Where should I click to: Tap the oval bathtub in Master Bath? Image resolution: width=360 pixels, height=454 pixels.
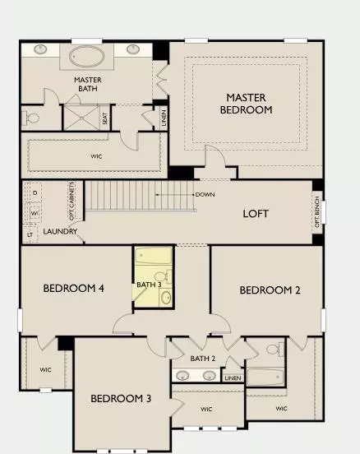point(86,57)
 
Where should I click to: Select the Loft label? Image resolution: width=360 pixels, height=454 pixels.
point(256,213)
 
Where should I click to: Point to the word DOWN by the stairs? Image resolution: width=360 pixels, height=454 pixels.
point(205,195)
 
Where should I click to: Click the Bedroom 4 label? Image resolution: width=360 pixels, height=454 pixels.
point(74,289)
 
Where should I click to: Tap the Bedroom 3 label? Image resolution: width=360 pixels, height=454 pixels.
point(121,399)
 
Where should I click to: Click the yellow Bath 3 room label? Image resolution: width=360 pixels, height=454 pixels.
point(149,285)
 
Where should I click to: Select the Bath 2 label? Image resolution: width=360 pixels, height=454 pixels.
point(202,359)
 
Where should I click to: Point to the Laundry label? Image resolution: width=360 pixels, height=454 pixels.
point(61,232)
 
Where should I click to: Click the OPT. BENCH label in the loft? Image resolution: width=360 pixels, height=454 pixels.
point(318,211)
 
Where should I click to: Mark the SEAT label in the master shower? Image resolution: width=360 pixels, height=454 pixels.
point(105,118)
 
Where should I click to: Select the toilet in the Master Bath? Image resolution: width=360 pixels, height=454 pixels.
point(32,118)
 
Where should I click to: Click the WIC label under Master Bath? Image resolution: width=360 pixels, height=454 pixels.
point(96,155)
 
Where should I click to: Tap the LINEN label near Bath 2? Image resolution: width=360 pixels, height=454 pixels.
point(233,378)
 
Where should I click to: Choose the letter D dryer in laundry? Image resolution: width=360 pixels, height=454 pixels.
point(35,192)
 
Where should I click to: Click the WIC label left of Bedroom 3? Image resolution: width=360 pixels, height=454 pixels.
point(45,369)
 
